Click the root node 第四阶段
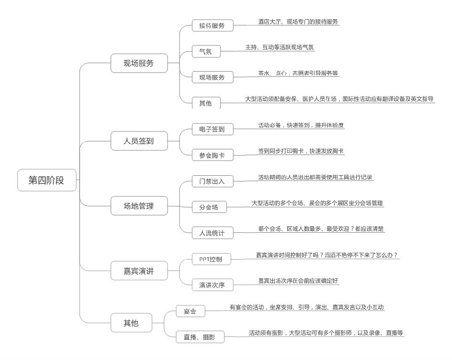[47, 180]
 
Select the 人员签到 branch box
[139, 140]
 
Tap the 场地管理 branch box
[139, 205]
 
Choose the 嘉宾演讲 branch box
[139, 271]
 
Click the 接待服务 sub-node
[212, 25]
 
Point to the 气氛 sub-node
[206, 51]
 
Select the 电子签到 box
[212, 129]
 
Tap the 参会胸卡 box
[212, 155]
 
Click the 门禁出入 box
[212, 181]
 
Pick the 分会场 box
[209, 207]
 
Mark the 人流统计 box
[212, 232]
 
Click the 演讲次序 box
[212, 285]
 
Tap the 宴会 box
[190, 311]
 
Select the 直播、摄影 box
[200, 337]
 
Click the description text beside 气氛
[279, 47]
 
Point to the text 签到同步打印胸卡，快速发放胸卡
[300, 151]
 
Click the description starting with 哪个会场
[321, 229]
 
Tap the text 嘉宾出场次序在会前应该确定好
[298, 281]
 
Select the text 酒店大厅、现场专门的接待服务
[298, 22]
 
